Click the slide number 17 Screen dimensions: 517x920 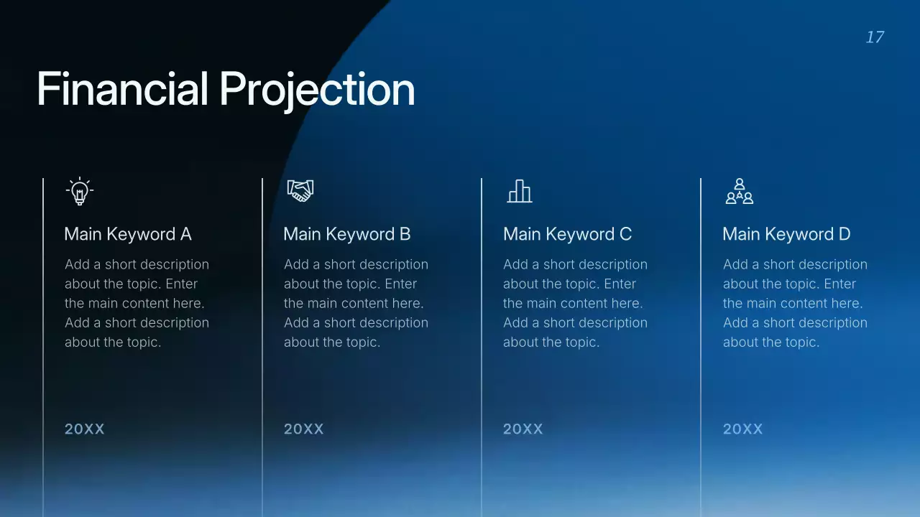pyautogui.click(x=875, y=37)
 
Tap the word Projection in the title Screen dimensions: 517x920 pyautogui.click(x=317, y=90)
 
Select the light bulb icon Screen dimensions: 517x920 pyautogui.click(x=80, y=191)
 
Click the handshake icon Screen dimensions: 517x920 pyautogui.click(x=300, y=190)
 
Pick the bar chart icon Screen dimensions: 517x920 pyautogui.click(x=520, y=191)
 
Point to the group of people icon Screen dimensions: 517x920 pyautogui.click(x=739, y=192)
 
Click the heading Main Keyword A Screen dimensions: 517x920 pyautogui.click(x=128, y=234)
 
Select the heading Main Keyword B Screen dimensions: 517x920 pyautogui.click(x=347, y=234)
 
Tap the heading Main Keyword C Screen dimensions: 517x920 pyautogui.click(x=567, y=234)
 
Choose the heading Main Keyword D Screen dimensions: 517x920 pyautogui.click(x=786, y=234)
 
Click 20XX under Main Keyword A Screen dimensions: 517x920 pyautogui.click(x=85, y=429)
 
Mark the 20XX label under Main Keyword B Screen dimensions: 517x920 pyautogui.click(x=304, y=429)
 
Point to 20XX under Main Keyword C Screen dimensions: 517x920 pyautogui.click(x=523, y=429)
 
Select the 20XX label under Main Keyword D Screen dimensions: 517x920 pyautogui.click(x=742, y=429)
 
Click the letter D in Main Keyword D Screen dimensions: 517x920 pyautogui.click(x=845, y=234)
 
